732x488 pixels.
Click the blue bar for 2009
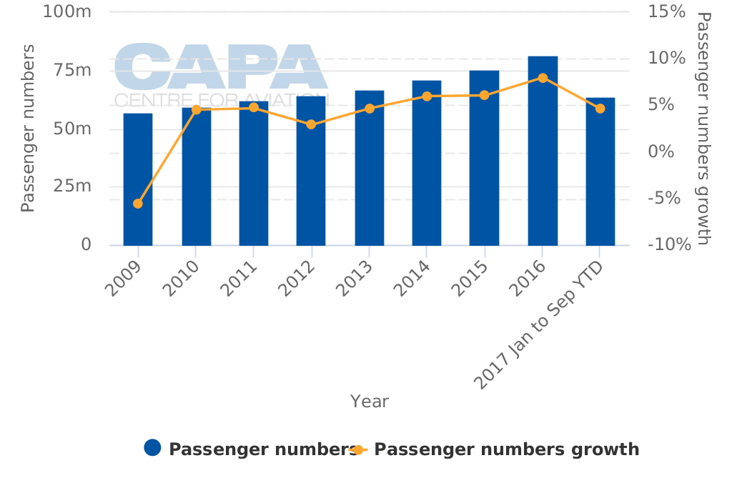(138, 179)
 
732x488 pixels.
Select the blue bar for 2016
(543, 151)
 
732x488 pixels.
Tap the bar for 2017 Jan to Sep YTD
(600, 171)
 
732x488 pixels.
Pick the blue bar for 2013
(369, 168)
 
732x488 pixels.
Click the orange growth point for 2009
(138, 204)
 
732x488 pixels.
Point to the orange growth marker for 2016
(543, 78)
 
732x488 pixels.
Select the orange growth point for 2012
(311, 124)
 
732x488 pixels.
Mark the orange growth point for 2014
(427, 96)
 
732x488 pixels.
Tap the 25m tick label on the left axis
(72, 186)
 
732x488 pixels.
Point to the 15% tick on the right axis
(666, 11)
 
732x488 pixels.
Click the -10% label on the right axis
(669, 245)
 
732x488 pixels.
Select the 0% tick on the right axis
(661, 151)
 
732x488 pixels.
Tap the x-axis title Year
(370, 402)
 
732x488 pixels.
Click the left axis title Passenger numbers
(28, 129)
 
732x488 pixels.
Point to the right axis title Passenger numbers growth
(703, 129)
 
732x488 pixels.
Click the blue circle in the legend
(152, 448)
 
